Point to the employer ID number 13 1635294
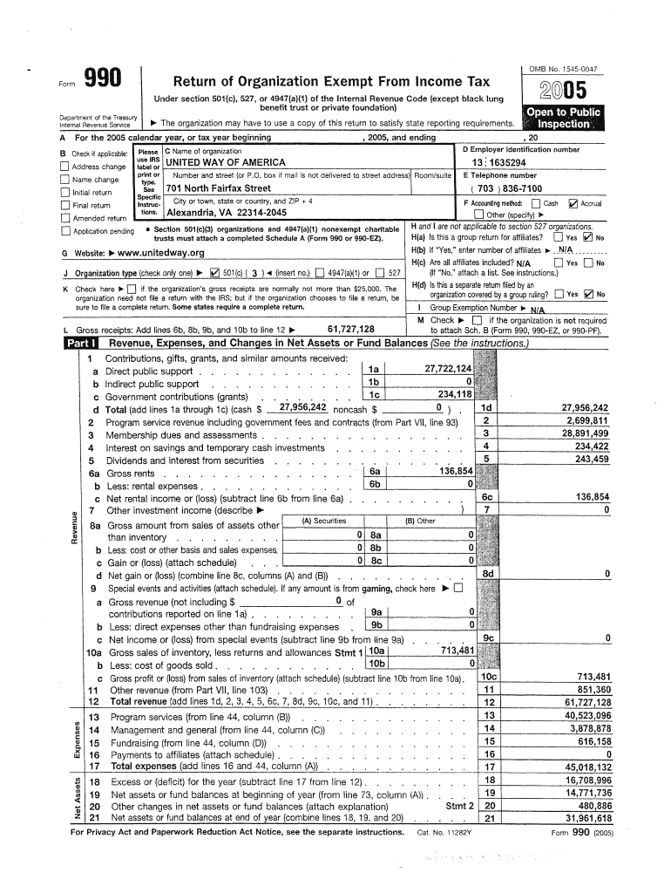click(498, 163)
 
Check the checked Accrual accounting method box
click(573, 203)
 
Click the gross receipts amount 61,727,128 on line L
click(350, 329)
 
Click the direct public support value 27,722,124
click(448, 369)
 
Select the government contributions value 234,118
click(454, 393)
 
